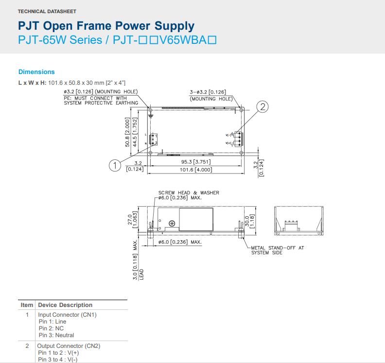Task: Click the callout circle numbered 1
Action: [x=115, y=166]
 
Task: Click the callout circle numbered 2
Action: [x=262, y=107]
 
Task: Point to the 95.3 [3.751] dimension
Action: [x=196, y=162]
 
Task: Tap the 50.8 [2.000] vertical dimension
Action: [x=128, y=132]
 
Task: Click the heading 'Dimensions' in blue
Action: [x=36, y=72]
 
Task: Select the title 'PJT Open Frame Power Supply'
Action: [x=106, y=26]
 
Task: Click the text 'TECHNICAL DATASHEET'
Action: [x=47, y=11]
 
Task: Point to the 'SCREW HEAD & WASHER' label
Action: [x=189, y=192]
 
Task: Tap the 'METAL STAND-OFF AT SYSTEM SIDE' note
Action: [x=277, y=250]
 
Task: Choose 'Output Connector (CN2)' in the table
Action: [x=69, y=346]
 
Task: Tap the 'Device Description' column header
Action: [x=65, y=305]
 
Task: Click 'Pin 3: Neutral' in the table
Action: [x=56, y=335]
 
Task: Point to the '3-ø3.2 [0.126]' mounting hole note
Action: [x=208, y=92]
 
